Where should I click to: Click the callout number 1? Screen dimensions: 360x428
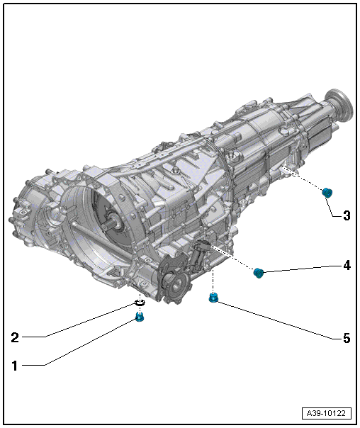[x=15, y=366]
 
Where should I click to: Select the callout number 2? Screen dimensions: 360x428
[x=15, y=337]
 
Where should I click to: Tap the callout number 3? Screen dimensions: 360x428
[x=347, y=215]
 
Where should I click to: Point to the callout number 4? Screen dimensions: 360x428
[x=347, y=265]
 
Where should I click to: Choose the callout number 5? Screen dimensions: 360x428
[x=347, y=338]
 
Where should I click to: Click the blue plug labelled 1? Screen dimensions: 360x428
[x=140, y=317]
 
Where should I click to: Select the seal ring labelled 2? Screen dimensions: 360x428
[x=140, y=303]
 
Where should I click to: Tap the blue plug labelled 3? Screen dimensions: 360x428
[x=327, y=193]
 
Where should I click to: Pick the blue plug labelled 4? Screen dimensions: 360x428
[x=258, y=273]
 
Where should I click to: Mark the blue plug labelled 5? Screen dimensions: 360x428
[x=213, y=298]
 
